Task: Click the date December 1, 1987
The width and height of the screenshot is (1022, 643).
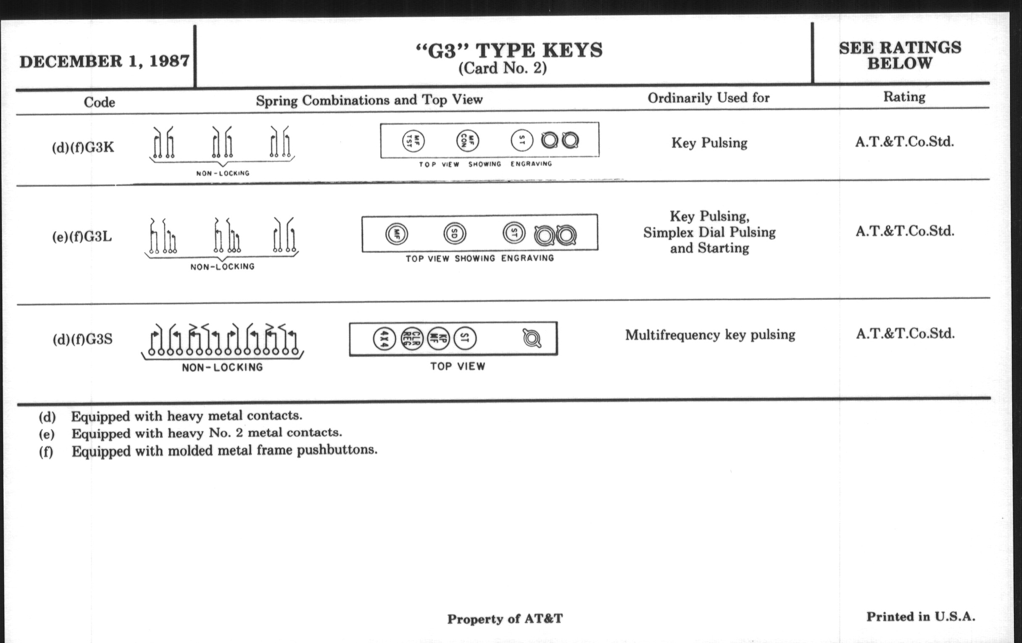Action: click(104, 61)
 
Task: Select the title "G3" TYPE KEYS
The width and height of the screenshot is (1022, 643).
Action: click(509, 50)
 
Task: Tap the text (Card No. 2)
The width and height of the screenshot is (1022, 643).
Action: click(503, 68)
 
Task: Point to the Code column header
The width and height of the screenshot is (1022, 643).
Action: click(99, 102)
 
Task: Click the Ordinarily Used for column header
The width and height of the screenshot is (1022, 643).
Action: click(709, 98)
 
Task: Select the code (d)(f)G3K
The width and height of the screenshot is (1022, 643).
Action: click(83, 147)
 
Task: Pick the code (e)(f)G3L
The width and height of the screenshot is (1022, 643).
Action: click(82, 237)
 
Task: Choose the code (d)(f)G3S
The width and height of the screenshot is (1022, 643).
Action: click(83, 340)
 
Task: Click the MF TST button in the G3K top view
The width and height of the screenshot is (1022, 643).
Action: click(413, 141)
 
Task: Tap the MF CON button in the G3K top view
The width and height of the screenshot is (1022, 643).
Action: click(467, 140)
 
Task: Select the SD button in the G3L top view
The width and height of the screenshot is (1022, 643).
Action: click(455, 233)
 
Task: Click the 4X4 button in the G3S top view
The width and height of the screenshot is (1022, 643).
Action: click(385, 339)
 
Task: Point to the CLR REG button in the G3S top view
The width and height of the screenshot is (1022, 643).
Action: click(412, 339)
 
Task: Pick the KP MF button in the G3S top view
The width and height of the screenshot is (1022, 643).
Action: click(438, 339)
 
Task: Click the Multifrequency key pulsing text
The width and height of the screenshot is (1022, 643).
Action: click(710, 335)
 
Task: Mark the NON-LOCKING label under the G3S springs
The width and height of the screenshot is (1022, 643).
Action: click(222, 367)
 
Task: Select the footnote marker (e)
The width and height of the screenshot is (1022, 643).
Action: click(47, 434)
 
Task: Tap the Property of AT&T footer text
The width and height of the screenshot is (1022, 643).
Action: click(505, 619)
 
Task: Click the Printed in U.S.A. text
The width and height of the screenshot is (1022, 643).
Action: click(921, 617)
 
